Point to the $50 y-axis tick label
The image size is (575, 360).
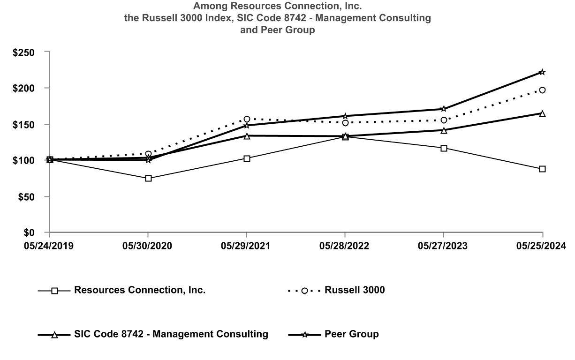[27, 197]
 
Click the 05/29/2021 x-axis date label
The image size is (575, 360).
[247, 246]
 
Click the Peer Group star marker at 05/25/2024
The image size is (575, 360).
[542, 72]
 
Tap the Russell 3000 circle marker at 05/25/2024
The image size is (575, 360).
[542, 90]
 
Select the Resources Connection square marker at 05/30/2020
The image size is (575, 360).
[148, 179]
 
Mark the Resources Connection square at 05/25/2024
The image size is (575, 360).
[542, 169]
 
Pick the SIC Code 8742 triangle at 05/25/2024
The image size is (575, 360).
[542, 113]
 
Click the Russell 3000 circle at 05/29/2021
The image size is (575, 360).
[247, 119]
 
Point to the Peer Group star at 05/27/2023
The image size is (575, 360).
[444, 109]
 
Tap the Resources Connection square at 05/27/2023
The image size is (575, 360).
[444, 148]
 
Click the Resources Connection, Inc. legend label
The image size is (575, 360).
[139, 290]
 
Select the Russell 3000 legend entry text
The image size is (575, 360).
[355, 290]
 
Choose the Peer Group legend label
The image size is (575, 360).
[351, 334]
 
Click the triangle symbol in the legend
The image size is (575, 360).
[54, 335]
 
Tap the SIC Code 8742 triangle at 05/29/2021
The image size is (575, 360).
[247, 136]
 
